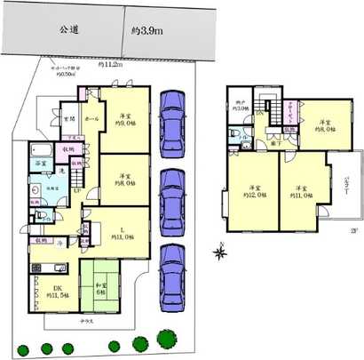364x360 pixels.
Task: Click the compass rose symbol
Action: click(219, 253)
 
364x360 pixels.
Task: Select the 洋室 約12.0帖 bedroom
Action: click(255, 192)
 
